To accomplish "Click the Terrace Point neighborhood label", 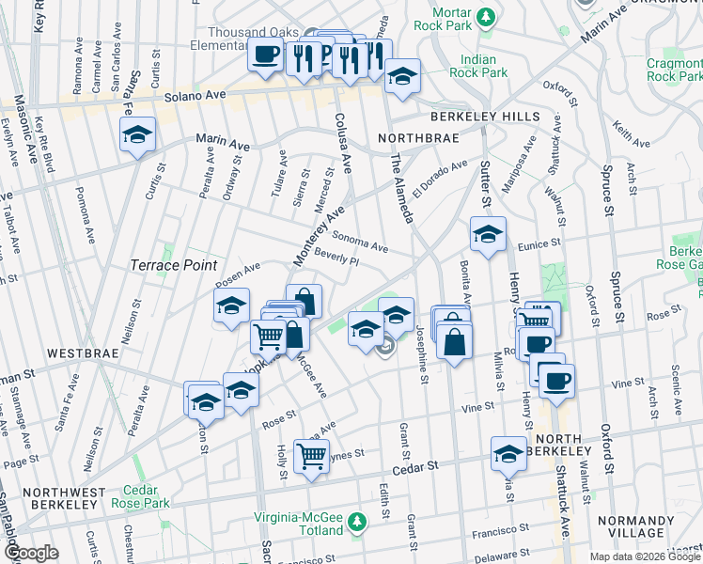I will (x=174, y=266).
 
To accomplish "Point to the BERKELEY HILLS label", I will (x=485, y=117).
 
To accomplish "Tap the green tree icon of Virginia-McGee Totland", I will (x=356, y=520).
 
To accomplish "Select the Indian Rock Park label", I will (x=478, y=66).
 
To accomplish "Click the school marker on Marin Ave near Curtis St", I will (x=137, y=134).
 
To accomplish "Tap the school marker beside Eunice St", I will (x=488, y=235).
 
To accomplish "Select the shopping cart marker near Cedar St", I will (x=310, y=458).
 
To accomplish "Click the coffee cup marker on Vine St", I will (x=555, y=381).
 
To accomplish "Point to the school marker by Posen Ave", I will (x=231, y=305).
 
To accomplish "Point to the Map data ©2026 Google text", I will (x=644, y=556).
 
